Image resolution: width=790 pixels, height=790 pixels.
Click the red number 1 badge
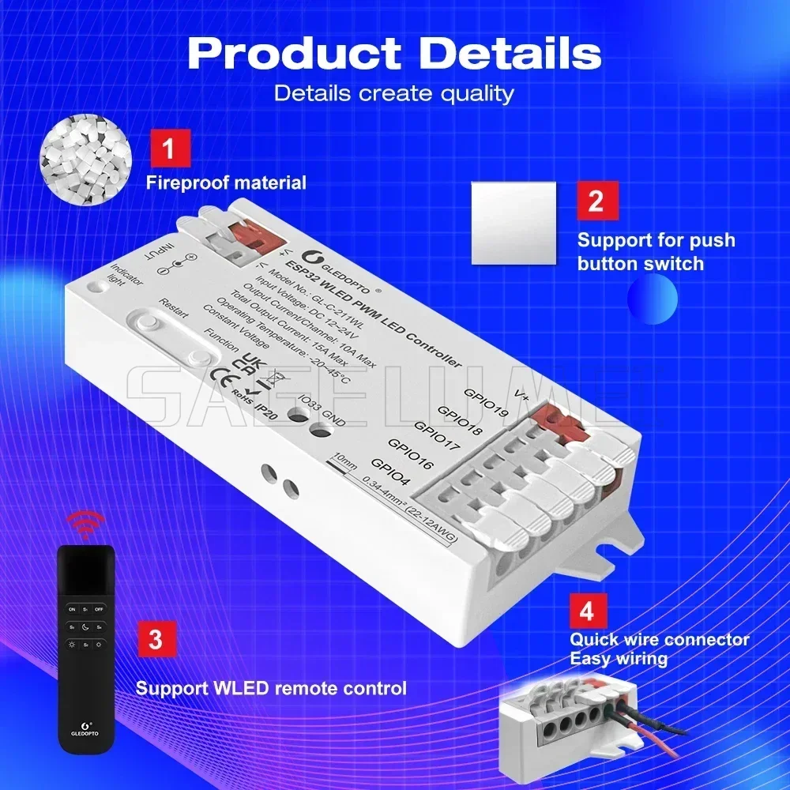pos(170,148)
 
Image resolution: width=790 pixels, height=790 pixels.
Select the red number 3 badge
pos(156,640)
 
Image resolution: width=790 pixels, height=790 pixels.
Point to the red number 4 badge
pos(588,611)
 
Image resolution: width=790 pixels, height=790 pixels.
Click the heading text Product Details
pos(394,53)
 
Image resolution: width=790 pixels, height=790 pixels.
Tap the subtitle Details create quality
pos(394,93)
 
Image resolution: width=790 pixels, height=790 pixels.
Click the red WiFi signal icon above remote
pos(85,523)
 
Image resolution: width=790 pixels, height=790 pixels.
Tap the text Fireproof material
pos(226,183)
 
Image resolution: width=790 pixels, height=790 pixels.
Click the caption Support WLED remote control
pos(271,688)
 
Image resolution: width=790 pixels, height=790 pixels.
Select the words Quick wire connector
pos(660,640)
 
